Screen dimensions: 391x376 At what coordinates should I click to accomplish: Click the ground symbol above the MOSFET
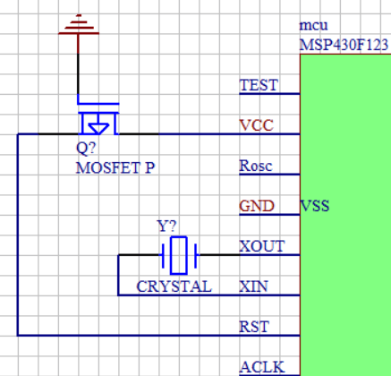pyautogui.click(x=79, y=24)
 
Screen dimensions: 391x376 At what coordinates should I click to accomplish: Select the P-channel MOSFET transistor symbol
pyautogui.click(x=98, y=119)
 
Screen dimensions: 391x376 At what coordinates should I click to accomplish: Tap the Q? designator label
pyautogui.click(x=86, y=148)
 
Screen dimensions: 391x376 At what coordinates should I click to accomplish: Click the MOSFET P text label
pyautogui.click(x=115, y=167)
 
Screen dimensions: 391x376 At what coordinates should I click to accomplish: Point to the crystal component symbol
pyautogui.click(x=179, y=255)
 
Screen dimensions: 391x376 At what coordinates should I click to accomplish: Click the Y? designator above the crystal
pyautogui.click(x=166, y=226)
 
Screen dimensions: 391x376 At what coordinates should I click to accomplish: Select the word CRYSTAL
pyautogui.click(x=174, y=286)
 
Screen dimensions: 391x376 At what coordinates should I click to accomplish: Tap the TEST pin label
pyautogui.click(x=259, y=85)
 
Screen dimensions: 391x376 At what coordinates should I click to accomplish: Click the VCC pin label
pyautogui.click(x=257, y=125)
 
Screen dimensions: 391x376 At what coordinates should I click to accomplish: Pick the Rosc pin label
pyautogui.click(x=256, y=166)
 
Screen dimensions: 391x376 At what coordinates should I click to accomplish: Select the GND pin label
pyautogui.click(x=257, y=206)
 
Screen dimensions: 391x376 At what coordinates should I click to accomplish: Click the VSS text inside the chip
pyautogui.click(x=315, y=206)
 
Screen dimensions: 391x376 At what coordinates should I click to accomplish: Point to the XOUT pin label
pyautogui.click(x=262, y=246)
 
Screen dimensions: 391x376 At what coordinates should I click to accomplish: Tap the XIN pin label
pyautogui.click(x=254, y=286)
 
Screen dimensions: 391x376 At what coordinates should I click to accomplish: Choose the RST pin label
pyautogui.click(x=254, y=327)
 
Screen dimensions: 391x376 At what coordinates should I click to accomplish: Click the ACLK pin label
pyautogui.click(x=262, y=367)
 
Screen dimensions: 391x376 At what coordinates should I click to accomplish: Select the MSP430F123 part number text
pyautogui.click(x=344, y=46)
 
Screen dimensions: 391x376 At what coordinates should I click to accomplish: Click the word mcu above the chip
pyautogui.click(x=313, y=26)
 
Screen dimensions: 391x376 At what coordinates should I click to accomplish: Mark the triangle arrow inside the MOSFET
pyautogui.click(x=98, y=127)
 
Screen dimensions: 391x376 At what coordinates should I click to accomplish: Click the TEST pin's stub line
pyautogui.click(x=269, y=94)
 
